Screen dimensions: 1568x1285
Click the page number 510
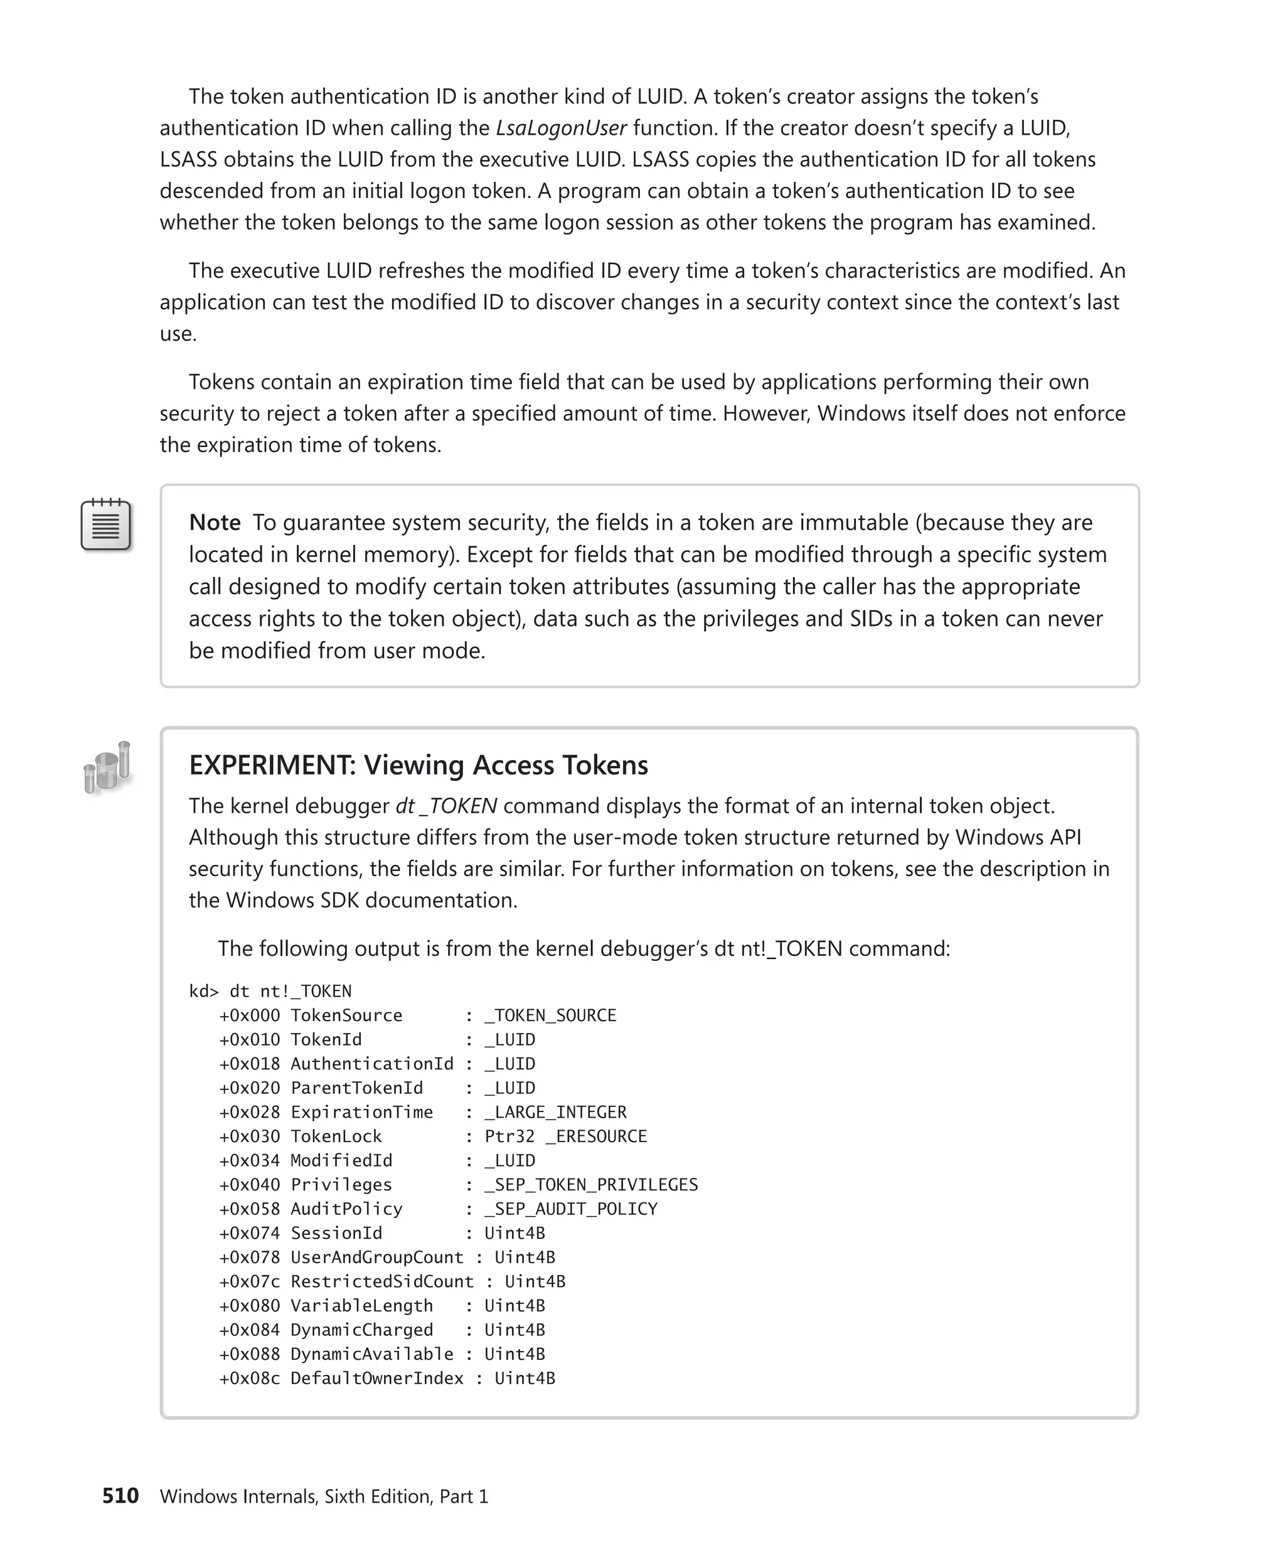[120, 1495]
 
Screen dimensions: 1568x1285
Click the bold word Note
[215, 522]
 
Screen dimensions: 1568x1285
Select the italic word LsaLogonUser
[561, 128]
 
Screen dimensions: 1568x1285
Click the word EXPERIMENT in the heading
[272, 765]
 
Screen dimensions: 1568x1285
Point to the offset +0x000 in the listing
[250, 1015]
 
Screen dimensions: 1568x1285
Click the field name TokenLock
[336, 1136]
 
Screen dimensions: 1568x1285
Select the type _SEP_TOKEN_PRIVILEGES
[590, 1185]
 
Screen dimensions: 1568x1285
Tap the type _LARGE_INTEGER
[555, 1112]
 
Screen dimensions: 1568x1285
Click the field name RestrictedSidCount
[382, 1281]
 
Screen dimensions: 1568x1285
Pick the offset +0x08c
[250, 1378]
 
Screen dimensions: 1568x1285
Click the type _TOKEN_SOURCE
[550, 1015]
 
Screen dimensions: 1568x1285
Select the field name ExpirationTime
[361, 1112]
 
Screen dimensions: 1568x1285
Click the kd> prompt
[203, 991]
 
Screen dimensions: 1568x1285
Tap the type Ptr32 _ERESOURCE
[565, 1136]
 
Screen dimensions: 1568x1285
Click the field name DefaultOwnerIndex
[376, 1378]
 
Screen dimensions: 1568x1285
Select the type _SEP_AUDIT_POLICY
[571, 1209]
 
